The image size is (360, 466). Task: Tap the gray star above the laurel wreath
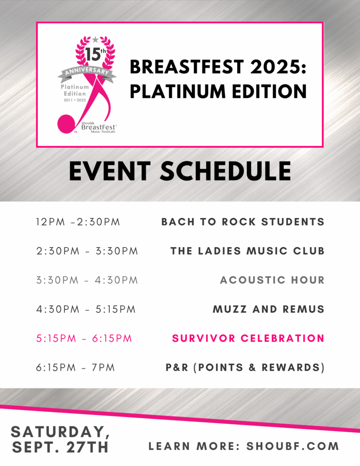pyautogui.click(x=95, y=40)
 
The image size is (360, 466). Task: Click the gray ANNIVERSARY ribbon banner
pyautogui.click(x=87, y=72)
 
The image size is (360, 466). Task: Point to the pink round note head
pyautogui.click(x=66, y=124)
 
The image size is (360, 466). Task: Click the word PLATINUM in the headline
pyautogui.click(x=178, y=91)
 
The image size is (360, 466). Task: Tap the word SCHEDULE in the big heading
pyautogui.click(x=226, y=171)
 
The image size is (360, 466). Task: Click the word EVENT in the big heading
pyautogui.click(x=110, y=171)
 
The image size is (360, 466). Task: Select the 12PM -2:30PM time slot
pyautogui.click(x=78, y=222)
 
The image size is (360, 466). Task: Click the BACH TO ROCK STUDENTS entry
pyautogui.click(x=243, y=222)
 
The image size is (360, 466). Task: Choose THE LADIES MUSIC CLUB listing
pyautogui.click(x=247, y=251)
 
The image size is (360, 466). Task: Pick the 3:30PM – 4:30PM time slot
pyautogui.click(x=87, y=280)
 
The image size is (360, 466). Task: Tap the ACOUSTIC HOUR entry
pyautogui.click(x=272, y=280)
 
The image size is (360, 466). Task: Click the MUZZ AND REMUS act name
pyautogui.click(x=269, y=309)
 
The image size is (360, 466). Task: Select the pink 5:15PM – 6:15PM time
pyautogui.click(x=84, y=338)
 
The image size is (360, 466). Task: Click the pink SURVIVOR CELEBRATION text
pyautogui.click(x=248, y=338)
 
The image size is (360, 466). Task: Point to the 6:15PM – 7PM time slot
pyautogui.click(x=76, y=368)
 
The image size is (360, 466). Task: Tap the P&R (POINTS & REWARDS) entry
pyautogui.click(x=245, y=368)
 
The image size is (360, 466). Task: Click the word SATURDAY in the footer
pyautogui.click(x=60, y=432)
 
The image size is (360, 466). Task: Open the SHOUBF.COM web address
pyautogui.click(x=293, y=446)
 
